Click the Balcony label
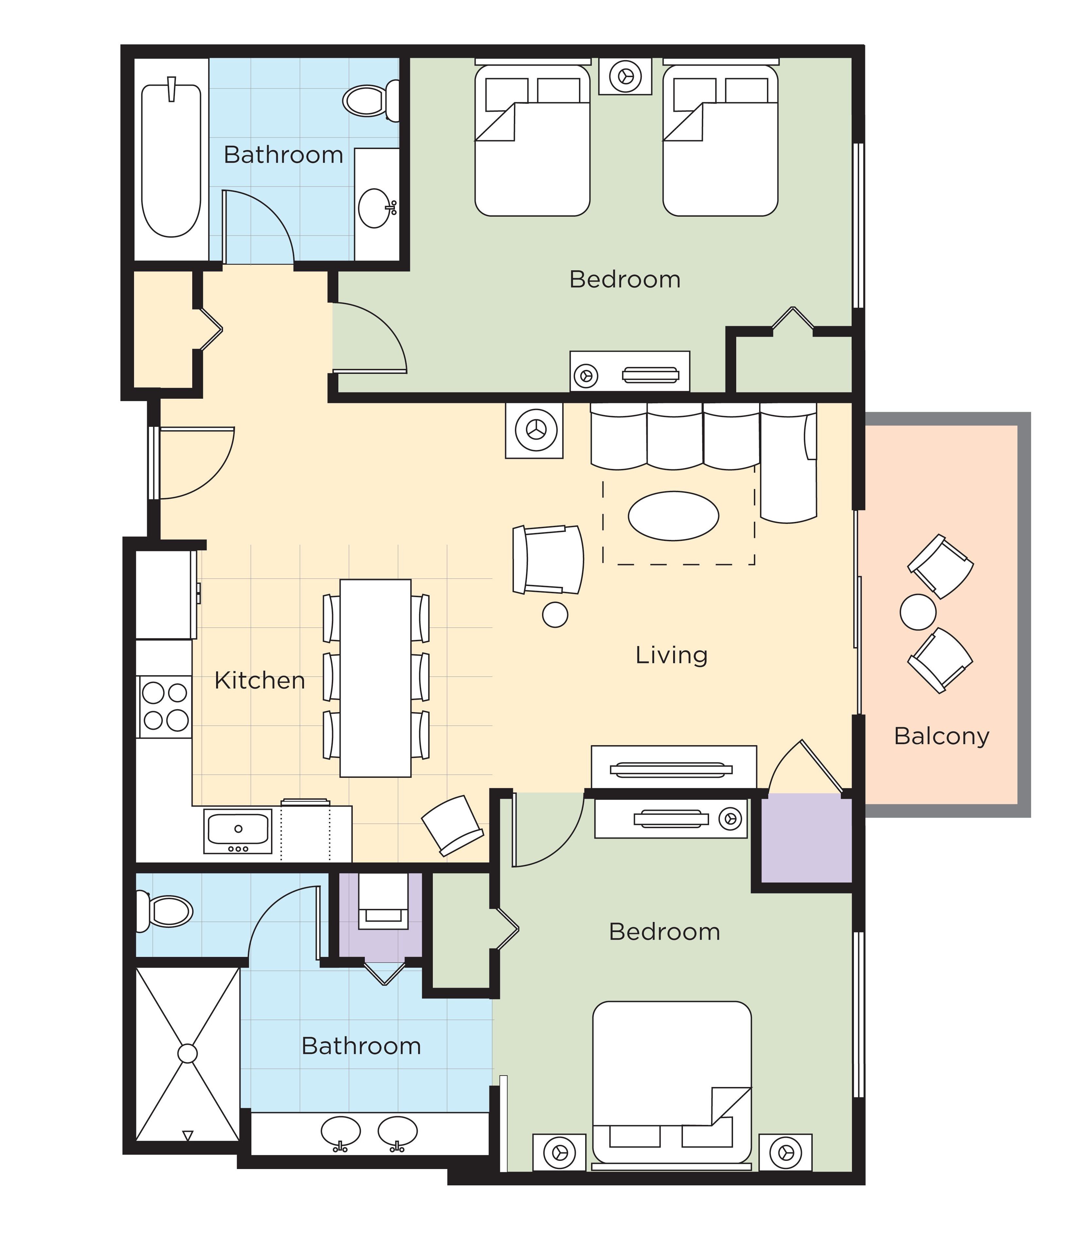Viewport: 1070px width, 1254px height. [941, 736]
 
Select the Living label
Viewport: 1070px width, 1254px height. [671, 655]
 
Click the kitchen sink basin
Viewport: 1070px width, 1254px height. [238, 829]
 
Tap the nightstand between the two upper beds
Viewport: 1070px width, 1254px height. [625, 76]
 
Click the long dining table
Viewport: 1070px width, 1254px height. [375, 678]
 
